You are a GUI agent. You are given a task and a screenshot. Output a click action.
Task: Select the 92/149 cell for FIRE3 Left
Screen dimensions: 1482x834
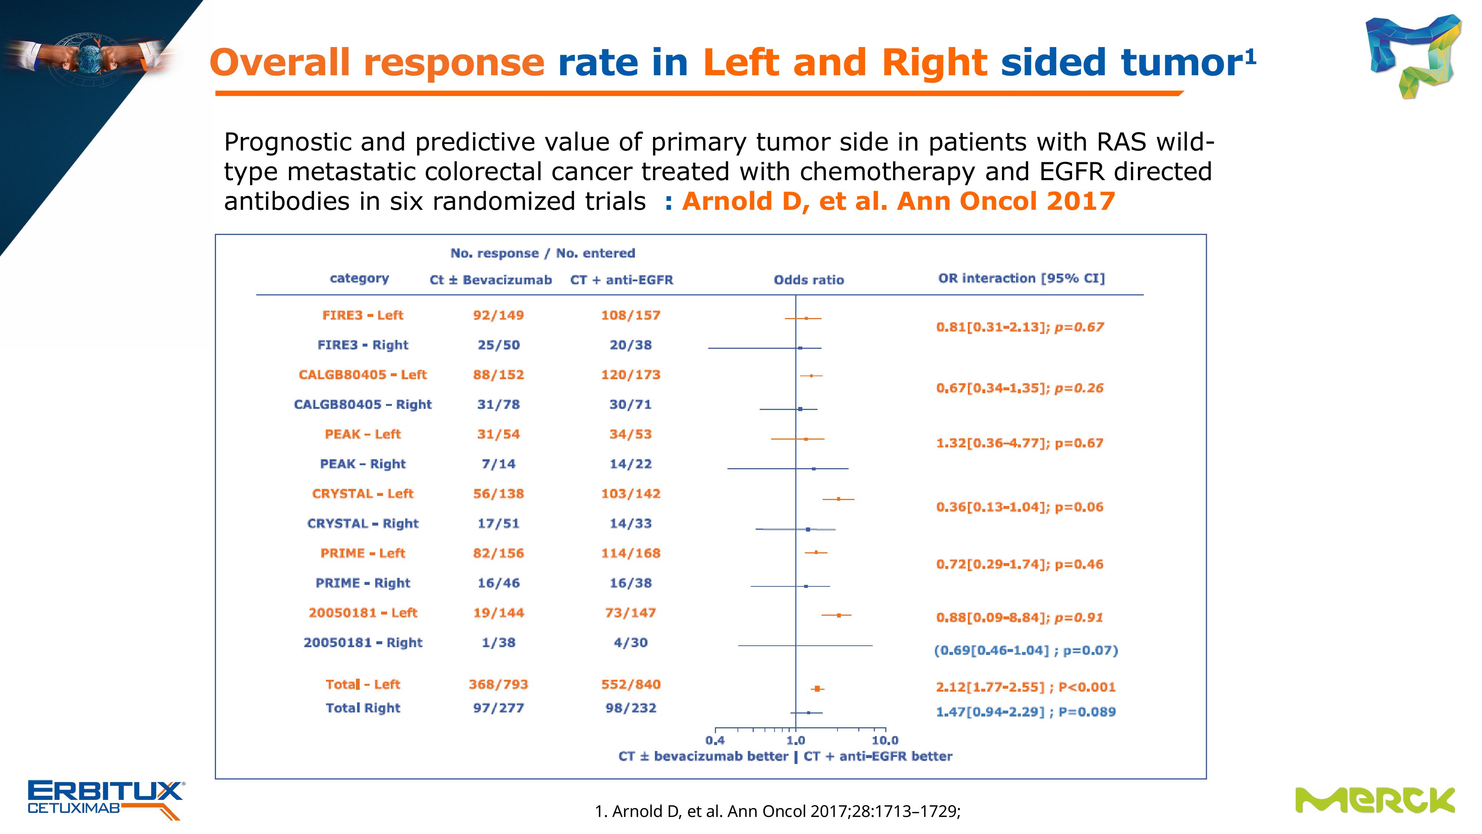click(x=498, y=315)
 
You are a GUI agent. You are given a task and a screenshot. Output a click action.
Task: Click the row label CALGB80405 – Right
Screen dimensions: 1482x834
click(x=363, y=405)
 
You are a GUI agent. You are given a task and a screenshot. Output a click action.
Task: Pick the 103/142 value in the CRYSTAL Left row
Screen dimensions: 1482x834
click(x=630, y=494)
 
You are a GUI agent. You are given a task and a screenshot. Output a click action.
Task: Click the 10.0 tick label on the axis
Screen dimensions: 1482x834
click(x=885, y=740)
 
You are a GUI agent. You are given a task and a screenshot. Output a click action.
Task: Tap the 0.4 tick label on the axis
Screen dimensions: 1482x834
click(x=715, y=740)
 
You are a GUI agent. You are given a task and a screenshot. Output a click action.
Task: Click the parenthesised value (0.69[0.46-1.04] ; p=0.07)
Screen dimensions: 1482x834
click(x=1026, y=651)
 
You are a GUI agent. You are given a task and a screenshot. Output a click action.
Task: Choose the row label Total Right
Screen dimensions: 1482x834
click(x=363, y=708)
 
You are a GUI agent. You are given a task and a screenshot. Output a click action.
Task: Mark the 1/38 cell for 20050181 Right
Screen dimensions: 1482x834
click(x=498, y=643)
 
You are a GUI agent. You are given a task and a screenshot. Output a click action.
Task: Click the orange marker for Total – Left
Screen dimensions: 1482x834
click(x=817, y=688)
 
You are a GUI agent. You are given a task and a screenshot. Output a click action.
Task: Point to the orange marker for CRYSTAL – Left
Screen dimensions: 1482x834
click(x=838, y=499)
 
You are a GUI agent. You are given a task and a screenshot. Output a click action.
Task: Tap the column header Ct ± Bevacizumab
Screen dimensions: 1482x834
click(x=491, y=280)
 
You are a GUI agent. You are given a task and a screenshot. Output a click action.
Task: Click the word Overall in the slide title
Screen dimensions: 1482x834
click(x=280, y=62)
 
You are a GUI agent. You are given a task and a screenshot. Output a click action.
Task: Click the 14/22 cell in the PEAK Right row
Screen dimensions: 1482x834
click(x=630, y=464)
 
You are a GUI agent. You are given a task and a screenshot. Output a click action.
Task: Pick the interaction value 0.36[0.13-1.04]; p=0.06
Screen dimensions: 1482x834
click(x=1019, y=507)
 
